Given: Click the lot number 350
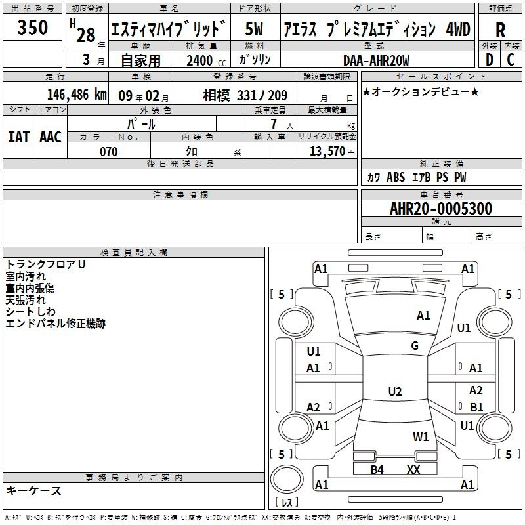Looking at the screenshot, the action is point(32,27).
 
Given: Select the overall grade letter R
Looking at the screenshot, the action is point(500,30).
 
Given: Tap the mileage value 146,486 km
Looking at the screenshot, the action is point(77,94).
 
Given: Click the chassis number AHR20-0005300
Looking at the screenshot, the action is point(441,208).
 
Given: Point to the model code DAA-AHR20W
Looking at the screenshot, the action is point(376,60).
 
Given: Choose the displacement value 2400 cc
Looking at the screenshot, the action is point(206,60).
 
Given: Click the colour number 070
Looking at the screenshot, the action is point(109,152).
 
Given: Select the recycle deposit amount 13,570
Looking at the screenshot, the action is point(327,151).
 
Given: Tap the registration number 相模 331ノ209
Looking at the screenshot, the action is point(245,96).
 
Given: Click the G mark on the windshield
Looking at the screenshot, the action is point(415,345).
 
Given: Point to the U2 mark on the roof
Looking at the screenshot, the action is point(395,391).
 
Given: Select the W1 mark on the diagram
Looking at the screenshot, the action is point(421,436).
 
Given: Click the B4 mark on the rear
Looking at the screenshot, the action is point(377,469).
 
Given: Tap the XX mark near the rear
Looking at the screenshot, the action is point(413,469).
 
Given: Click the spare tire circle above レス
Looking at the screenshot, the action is point(287,479).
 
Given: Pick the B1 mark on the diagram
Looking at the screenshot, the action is point(476,407).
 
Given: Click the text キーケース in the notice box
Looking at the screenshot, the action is point(34,490).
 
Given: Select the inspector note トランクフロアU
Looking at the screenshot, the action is point(45,264).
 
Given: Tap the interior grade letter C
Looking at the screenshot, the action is point(511,60).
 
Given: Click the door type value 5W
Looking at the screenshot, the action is point(254,29).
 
